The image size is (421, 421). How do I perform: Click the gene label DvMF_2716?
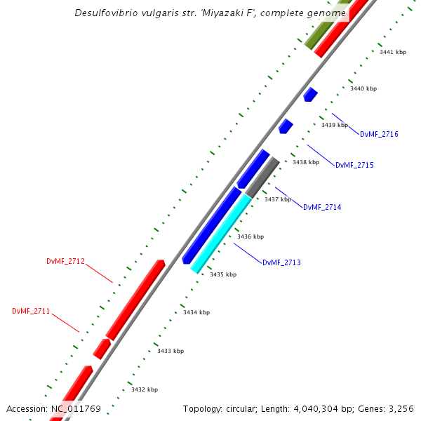(x=379, y=134)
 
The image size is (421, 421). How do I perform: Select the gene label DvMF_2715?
(x=354, y=166)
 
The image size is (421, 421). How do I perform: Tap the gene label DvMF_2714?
(x=322, y=207)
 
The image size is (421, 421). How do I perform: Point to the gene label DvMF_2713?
(x=281, y=262)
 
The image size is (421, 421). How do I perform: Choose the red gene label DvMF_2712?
(x=66, y=262)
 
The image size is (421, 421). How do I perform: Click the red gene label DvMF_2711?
(x=31, y=311)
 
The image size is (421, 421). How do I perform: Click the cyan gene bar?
(x=221, y=234)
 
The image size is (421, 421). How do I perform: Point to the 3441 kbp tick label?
(x=393, y=52)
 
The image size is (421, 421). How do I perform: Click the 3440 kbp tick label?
(x=363, y=88)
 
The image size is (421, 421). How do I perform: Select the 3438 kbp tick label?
(x=306, y=162)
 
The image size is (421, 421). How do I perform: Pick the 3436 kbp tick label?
(x=250, y=237)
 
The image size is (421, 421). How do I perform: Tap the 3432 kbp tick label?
(x=145, y=389)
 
